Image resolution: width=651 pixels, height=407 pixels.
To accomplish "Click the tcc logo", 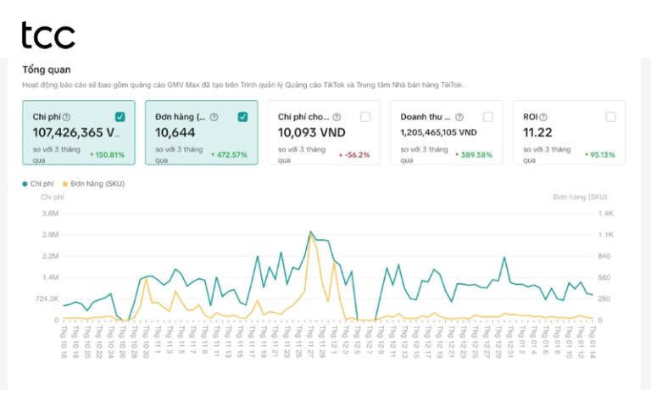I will tap(47, 35).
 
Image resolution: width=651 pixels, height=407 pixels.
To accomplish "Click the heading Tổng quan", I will tap(46, 69).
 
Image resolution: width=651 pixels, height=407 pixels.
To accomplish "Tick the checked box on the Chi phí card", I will tap(120, 117).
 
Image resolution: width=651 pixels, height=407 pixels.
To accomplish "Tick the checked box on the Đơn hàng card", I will tap(242, 117).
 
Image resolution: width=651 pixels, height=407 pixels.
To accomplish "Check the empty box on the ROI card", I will tap(610, 117).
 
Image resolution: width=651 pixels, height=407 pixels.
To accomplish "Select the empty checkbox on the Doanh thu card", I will tap(487, 117).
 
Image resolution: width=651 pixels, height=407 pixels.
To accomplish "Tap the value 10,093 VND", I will tap(312, 133).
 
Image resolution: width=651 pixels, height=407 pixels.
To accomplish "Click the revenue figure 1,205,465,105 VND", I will tap(438, 133).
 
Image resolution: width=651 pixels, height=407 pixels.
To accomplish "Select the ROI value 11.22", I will tap(539, 133).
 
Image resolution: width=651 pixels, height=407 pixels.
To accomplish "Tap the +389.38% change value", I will tap(474, 155).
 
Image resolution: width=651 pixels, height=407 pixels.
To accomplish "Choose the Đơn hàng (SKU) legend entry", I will tap(97, 183).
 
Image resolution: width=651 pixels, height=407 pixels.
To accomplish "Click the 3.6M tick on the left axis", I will tap(49, 214).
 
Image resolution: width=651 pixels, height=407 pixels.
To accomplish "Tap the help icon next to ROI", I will tap(543, 117).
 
